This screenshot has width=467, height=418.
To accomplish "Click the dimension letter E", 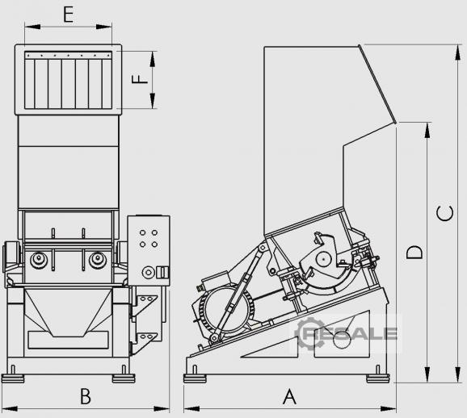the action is [69, 15].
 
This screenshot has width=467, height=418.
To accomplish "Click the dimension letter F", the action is [140, 79].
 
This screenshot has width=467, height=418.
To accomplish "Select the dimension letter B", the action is [86, 396].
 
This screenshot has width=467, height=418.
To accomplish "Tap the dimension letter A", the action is [289, 397].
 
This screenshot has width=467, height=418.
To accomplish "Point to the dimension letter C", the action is [444, 214].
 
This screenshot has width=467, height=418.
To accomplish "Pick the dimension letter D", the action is [414, 253].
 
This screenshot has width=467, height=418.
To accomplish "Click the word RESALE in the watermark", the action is [351, 333].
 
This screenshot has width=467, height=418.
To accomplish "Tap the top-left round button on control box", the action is [142, 232].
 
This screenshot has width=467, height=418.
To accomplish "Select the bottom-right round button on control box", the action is [154, 245].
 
